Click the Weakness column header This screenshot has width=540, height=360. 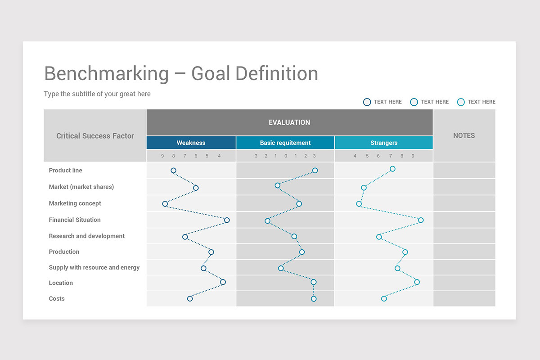tap(191, 143)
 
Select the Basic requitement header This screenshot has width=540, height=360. tap(285, 143)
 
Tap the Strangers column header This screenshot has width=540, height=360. tap(384, 143)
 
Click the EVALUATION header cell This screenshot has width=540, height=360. tap(289, 122)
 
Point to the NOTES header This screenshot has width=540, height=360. tap(464, 135)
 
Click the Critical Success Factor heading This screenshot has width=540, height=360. tap(95, 136)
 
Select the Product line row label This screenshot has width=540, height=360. tap(66, 171)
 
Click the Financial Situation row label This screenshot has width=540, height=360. tap(75, 220)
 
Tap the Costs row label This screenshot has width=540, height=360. tap(57, 299)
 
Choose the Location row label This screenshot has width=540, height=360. tap(61, 283)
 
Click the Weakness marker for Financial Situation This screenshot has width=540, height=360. tap(227, 220)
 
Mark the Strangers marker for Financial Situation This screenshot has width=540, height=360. tap(421, 220)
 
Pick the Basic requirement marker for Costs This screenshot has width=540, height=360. tap(314, 299)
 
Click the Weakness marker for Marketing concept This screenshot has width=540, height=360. tap(165, 204)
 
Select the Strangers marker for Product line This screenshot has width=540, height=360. tap(392, 169)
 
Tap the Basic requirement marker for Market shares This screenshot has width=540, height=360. tap(277, 185)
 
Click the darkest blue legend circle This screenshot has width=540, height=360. tap(367, 102)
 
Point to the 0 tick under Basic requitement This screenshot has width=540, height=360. tap(286, 156)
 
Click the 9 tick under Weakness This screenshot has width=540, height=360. tap(162, 156)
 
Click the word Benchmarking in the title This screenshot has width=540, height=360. tap(106, 73)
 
